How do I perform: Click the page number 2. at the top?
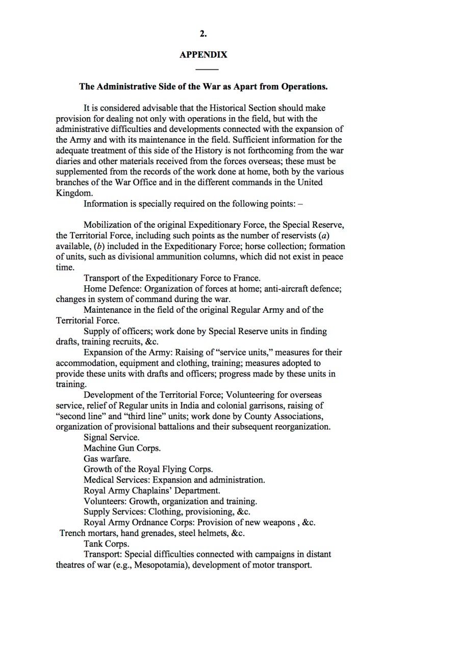coord(203,34)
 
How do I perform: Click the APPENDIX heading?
coord(203,55)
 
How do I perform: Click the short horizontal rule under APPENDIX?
coord(207,69)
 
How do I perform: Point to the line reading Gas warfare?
coord(107,458)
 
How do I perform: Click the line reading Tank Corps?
coord(106,544)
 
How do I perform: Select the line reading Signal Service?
coord(111,437)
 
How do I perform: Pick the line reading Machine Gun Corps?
coord(122,448)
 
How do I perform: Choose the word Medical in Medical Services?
coord(99,480)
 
